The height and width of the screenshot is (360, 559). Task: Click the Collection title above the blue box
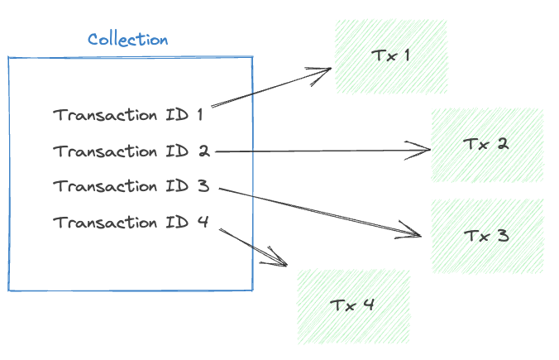127,39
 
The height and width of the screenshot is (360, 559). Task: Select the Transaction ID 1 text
128,115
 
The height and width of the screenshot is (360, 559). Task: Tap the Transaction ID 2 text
131,151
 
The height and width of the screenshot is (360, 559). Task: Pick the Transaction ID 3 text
131,186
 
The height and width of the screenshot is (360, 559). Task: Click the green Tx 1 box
391,56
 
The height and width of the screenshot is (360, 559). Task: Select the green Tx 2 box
487,145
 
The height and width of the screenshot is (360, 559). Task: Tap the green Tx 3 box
487,236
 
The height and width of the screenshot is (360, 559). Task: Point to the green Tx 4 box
353,305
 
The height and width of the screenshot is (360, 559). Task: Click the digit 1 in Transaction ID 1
199,115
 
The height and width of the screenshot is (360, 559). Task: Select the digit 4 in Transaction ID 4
203,223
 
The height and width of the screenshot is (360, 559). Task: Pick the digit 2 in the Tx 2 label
502,144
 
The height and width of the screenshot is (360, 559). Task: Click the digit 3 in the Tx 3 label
503,236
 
